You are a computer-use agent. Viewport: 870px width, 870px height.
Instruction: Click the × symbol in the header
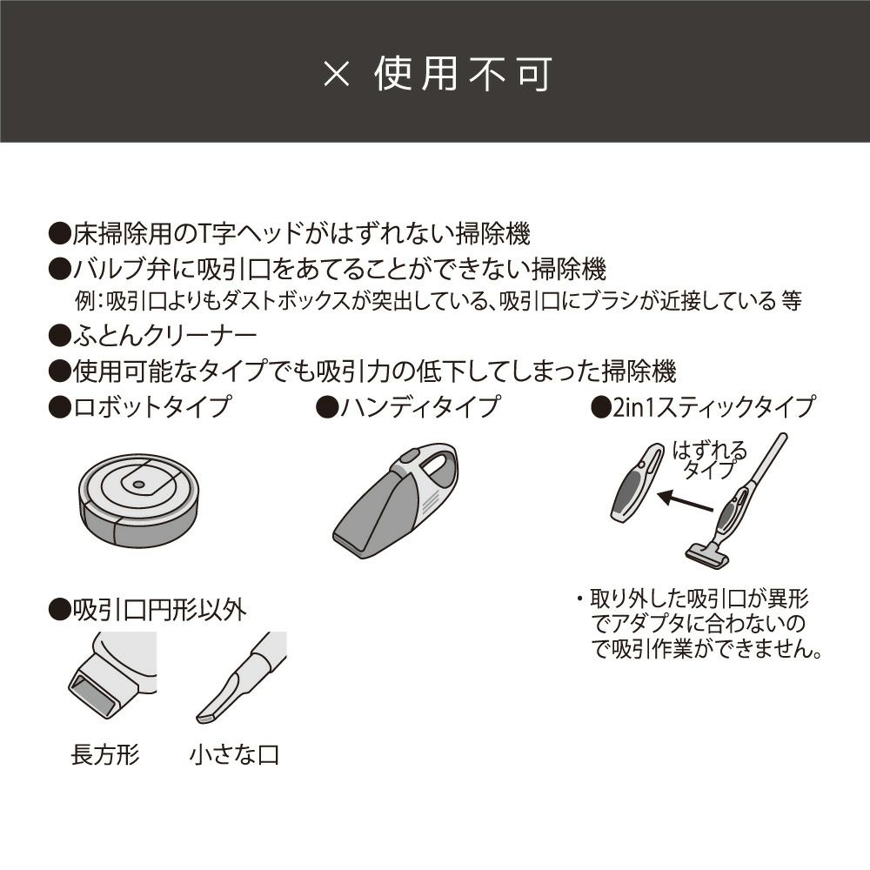click(x=337, y=74)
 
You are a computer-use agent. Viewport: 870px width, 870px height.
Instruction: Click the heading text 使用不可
click(x=464, y=74)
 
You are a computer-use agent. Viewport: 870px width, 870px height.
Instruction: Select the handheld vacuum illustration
click(x=395, y=500)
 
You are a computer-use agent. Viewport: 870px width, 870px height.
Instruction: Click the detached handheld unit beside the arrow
click(x=637, y=483)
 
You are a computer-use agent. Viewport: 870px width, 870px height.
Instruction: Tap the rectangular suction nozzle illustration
click(x=112, y=676)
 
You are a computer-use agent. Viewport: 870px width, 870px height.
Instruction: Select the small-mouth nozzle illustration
click(x=241, y=678)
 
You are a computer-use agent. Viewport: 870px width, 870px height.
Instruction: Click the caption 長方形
click(x=105, y=754)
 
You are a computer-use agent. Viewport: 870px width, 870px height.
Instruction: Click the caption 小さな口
click(x=234, y=754)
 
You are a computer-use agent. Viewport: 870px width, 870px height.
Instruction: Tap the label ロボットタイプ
click(x=151, y=406)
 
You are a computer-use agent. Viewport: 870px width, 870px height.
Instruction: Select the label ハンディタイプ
click(x=420, y=406)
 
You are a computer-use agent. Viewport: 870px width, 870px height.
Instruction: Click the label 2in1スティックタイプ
click(x=714, y=406)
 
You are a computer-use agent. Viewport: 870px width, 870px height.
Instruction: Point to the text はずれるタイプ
click(x=710, y=460)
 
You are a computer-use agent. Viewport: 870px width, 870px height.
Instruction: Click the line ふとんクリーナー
click(x=164, y=336)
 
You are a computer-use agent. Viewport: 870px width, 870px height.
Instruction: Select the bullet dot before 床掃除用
click(x=59, y=233)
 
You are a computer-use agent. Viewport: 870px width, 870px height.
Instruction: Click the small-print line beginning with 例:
click(x=438, y=301)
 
